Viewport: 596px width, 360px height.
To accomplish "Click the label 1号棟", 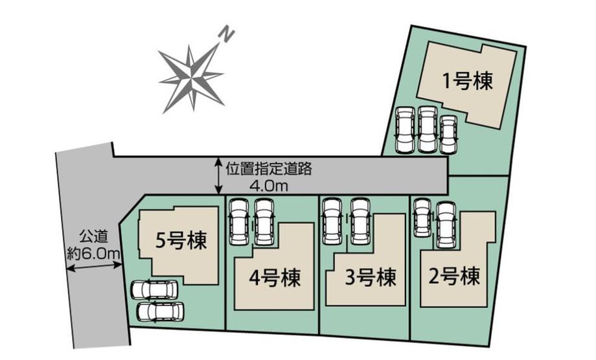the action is point(468,82).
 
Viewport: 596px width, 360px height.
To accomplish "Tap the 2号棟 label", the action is point(454,277).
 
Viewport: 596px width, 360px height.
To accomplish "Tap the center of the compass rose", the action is point(192,77).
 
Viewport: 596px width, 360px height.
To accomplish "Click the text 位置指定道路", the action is point(269,170).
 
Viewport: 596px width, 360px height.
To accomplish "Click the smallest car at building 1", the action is point(448,133).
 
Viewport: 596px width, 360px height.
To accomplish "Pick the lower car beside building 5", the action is point(161,312).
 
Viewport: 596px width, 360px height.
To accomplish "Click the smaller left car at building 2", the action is point(422,216).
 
